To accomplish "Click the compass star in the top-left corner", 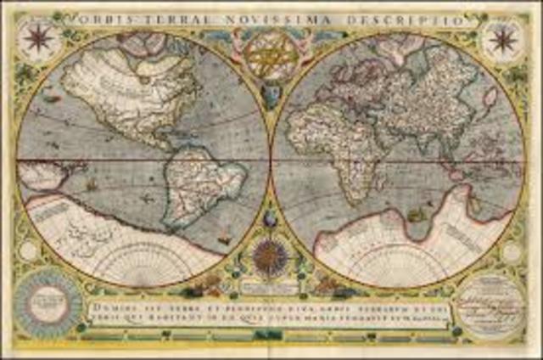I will (38, 37).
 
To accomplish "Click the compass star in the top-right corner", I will (502, 37).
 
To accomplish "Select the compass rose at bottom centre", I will (270, 255).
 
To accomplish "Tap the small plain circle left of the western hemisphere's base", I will (30, 251).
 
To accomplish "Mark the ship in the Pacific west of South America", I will (91, 183).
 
